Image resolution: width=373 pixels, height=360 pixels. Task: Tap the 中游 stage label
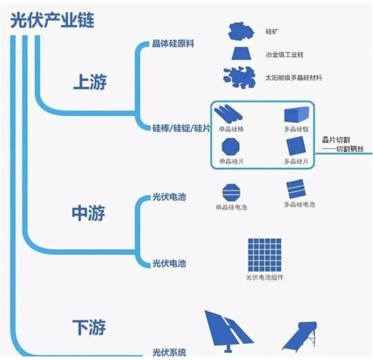point(88,213)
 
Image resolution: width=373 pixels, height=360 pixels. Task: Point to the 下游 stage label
point(88,326)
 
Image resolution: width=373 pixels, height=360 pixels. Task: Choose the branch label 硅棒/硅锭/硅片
point(181,128)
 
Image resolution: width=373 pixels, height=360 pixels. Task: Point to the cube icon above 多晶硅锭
point(296,114)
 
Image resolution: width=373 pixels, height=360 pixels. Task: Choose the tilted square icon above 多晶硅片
point(296,146)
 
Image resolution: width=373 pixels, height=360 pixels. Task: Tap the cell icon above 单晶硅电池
point(231,190)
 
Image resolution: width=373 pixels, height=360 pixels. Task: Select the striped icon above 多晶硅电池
point(296,188)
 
